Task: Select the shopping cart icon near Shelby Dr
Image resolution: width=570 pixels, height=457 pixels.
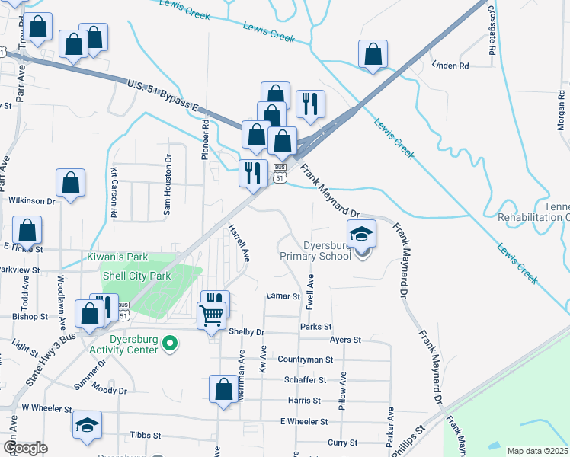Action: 211,314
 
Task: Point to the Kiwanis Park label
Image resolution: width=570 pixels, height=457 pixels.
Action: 118,258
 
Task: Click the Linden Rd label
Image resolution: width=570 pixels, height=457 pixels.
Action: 450,66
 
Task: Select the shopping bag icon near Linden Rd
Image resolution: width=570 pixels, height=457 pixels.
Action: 373,55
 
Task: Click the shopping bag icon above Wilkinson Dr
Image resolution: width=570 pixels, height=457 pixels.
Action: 70,184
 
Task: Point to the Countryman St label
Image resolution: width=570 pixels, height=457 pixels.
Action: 306,360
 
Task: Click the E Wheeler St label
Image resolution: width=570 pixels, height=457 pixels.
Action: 304,421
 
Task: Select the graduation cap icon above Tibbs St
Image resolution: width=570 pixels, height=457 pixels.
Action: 87,425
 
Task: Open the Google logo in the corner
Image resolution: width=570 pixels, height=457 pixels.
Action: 25,448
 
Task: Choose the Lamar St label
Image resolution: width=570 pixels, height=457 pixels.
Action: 280,296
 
